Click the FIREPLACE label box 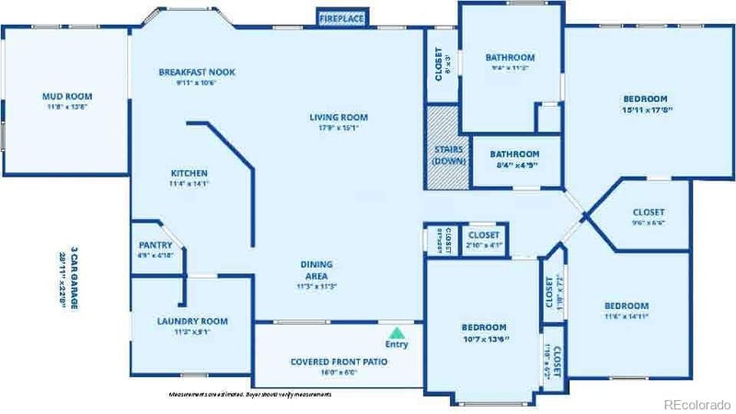(341, 17)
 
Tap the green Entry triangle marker (397, 332)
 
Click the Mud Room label (67, 96)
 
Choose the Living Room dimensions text (339, 128)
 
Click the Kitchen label (190, 173)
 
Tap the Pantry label (155, 245)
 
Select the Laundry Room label (192, 321)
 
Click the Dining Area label (316, 265)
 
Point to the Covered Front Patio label (339, 362)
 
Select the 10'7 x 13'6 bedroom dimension (484, 339)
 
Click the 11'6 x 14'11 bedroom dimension (626, 316)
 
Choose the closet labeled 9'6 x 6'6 (649, 222)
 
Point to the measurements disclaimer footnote (249, 394)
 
